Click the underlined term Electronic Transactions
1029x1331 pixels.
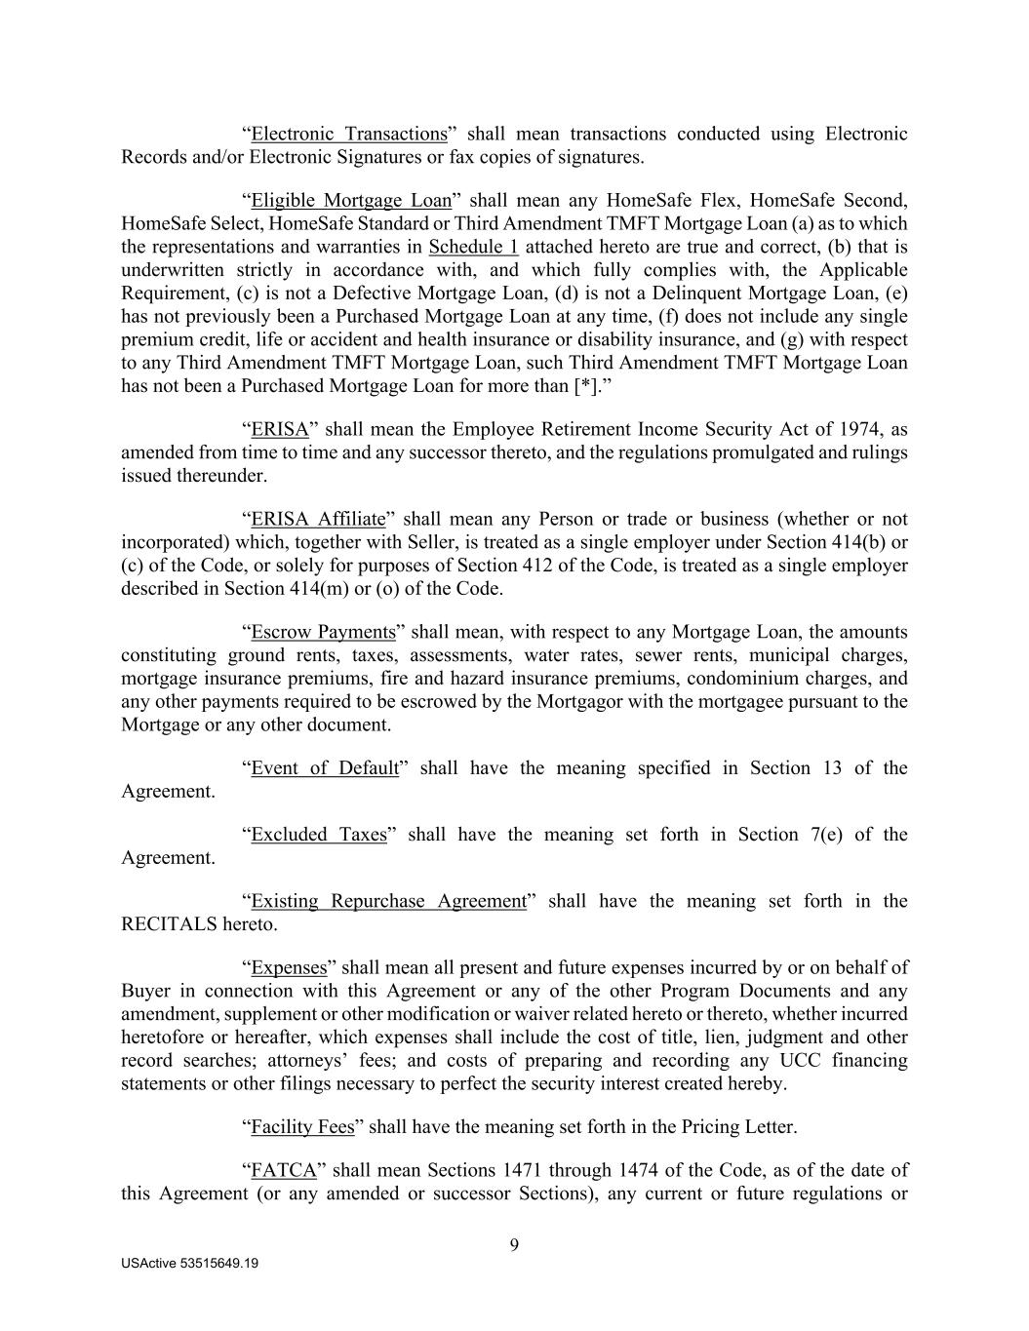348,134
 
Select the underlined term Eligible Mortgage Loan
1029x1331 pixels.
351,201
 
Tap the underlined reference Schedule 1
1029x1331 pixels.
473,247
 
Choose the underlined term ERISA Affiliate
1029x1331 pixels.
318,519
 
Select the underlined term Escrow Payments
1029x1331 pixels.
323,632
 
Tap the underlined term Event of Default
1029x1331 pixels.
325,768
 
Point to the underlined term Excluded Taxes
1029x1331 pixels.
319,835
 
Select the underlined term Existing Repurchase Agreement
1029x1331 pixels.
388,901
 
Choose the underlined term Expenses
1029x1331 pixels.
289,967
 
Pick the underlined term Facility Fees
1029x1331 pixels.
302,1127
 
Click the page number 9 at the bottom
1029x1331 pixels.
514,1244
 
